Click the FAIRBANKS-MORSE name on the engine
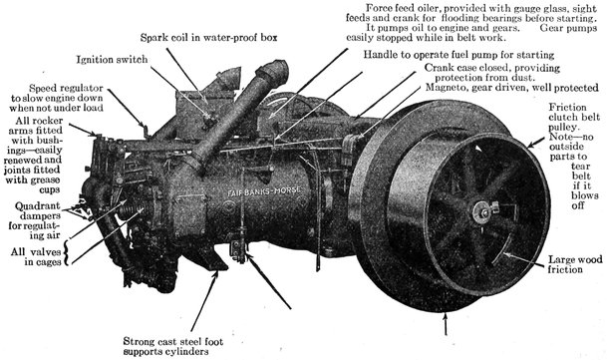(264, 191)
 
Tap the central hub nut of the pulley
(484, 211)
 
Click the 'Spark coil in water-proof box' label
(208, 38)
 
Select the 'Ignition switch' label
(112, 59)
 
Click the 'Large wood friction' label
(575, 264)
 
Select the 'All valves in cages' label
(36, 257)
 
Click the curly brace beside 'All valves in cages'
(66, 253)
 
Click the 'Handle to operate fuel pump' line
(458, 55)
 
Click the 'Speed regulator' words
(66, 88)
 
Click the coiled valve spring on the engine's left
(131, 209)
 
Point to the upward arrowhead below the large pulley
(446, 316)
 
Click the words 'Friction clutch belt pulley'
(574, 117)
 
